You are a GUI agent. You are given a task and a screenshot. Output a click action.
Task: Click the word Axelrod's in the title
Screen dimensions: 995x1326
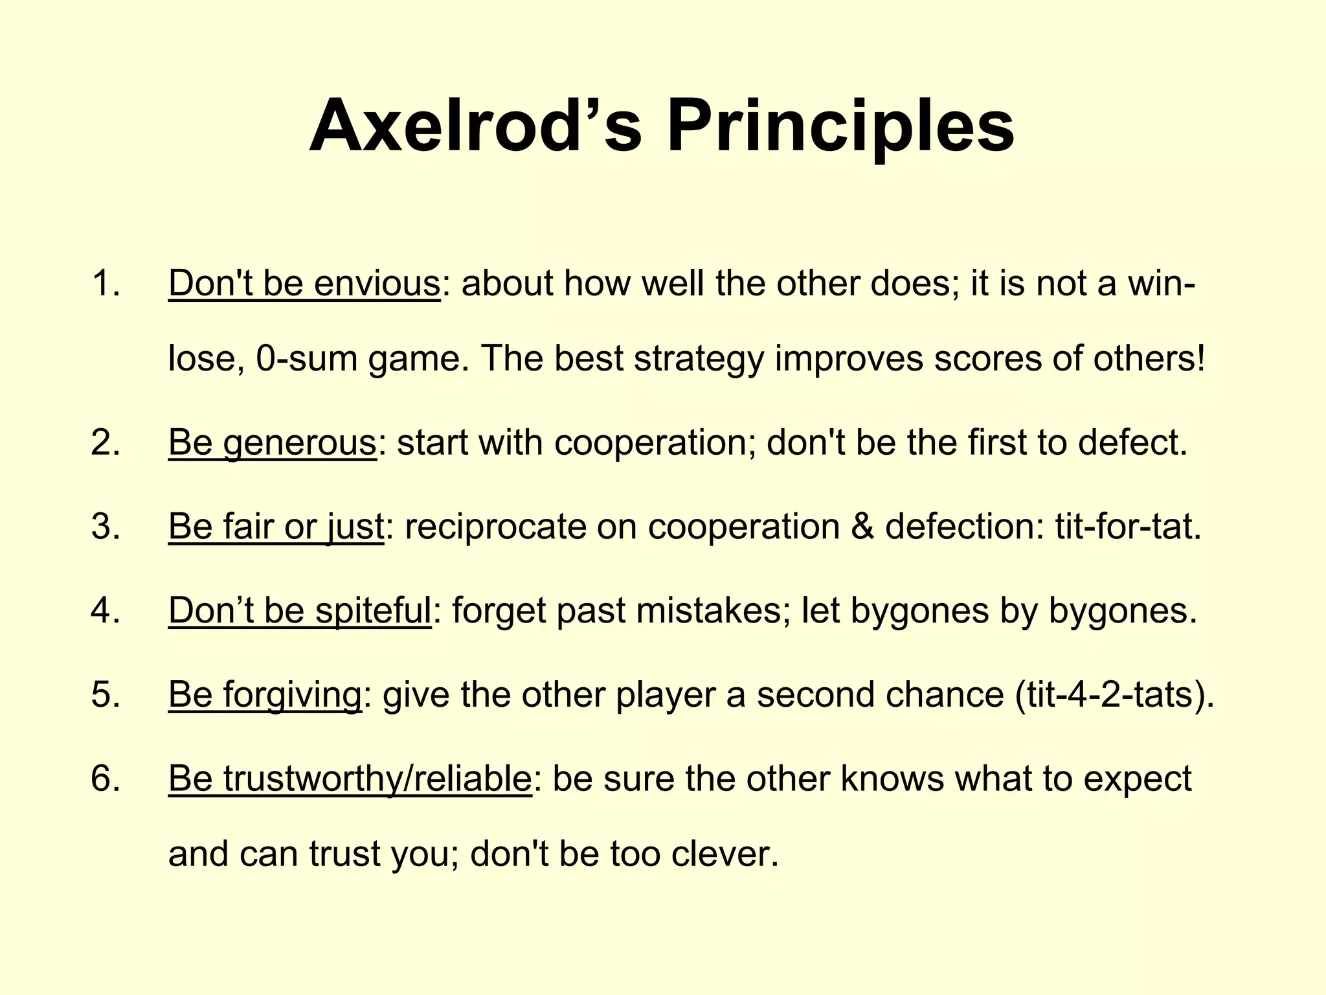coord(476,126)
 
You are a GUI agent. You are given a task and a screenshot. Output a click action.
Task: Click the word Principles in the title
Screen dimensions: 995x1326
coord(840,126)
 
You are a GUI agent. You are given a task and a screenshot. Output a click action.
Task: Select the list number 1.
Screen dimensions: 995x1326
coord(106,283)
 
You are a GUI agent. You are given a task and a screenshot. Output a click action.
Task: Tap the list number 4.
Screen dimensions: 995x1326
coord(106,610)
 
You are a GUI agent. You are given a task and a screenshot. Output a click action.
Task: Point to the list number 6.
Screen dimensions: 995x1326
coord(106,778)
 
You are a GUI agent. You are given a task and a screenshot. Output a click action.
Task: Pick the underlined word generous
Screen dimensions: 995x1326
coord(299,442)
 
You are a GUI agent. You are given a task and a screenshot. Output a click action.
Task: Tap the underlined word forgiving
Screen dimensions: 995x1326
coord(292,694)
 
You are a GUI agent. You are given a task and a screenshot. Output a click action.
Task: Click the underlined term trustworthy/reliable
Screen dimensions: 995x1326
coord(377,778)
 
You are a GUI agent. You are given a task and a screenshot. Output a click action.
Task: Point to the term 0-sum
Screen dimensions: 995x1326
coord(306,358)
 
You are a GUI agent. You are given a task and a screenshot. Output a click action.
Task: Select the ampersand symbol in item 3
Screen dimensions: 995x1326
coord(862,526)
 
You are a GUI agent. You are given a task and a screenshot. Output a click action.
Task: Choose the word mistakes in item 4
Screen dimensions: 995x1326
coord(710,610)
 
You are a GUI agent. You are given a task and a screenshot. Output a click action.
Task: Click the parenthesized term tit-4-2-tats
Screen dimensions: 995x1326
coord(1110,694)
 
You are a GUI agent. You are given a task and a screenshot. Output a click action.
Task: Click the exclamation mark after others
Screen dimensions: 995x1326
coord(1201,358)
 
